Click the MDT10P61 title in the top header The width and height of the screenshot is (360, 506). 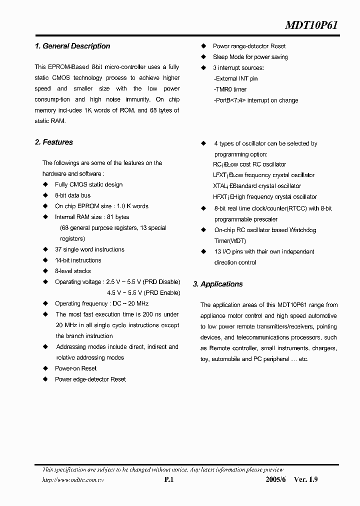(x=311, y=25)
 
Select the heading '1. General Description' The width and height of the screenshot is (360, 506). (x=72, y=46)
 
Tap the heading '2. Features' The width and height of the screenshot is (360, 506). (x=54, y=142)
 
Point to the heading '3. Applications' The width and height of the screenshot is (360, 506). (x=218, y=284)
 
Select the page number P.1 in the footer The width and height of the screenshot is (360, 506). (x=168, y=479)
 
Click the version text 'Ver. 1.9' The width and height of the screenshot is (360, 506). (x=305, y=479)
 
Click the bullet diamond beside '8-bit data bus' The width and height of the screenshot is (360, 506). (x=45, y=195)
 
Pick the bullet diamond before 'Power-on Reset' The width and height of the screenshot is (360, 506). (x=45, y=368)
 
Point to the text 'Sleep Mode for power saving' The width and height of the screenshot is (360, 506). (x=250, y=57)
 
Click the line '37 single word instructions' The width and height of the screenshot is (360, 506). (x=89, y=249)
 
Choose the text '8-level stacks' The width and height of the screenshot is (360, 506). (x=73, y=271)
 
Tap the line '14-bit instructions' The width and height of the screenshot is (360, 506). (x=78, y=260)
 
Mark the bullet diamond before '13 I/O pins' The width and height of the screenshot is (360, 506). (x=203, y=252)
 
